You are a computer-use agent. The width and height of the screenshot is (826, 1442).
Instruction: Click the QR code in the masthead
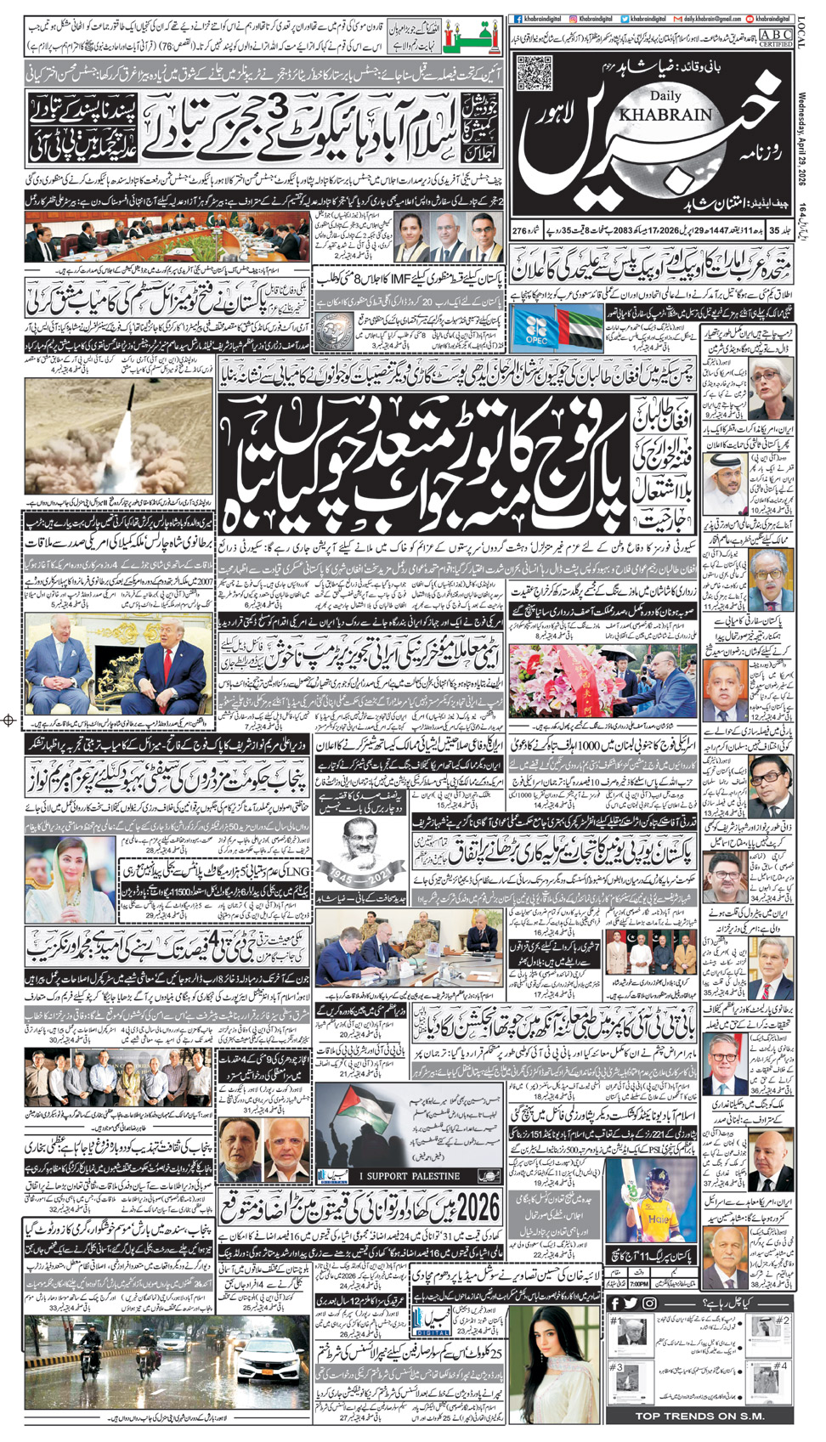point(535,72)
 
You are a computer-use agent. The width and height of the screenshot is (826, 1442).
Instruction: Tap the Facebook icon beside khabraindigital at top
point(518,19)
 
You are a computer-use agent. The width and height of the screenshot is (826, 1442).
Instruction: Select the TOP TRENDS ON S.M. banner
point(700,1416)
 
